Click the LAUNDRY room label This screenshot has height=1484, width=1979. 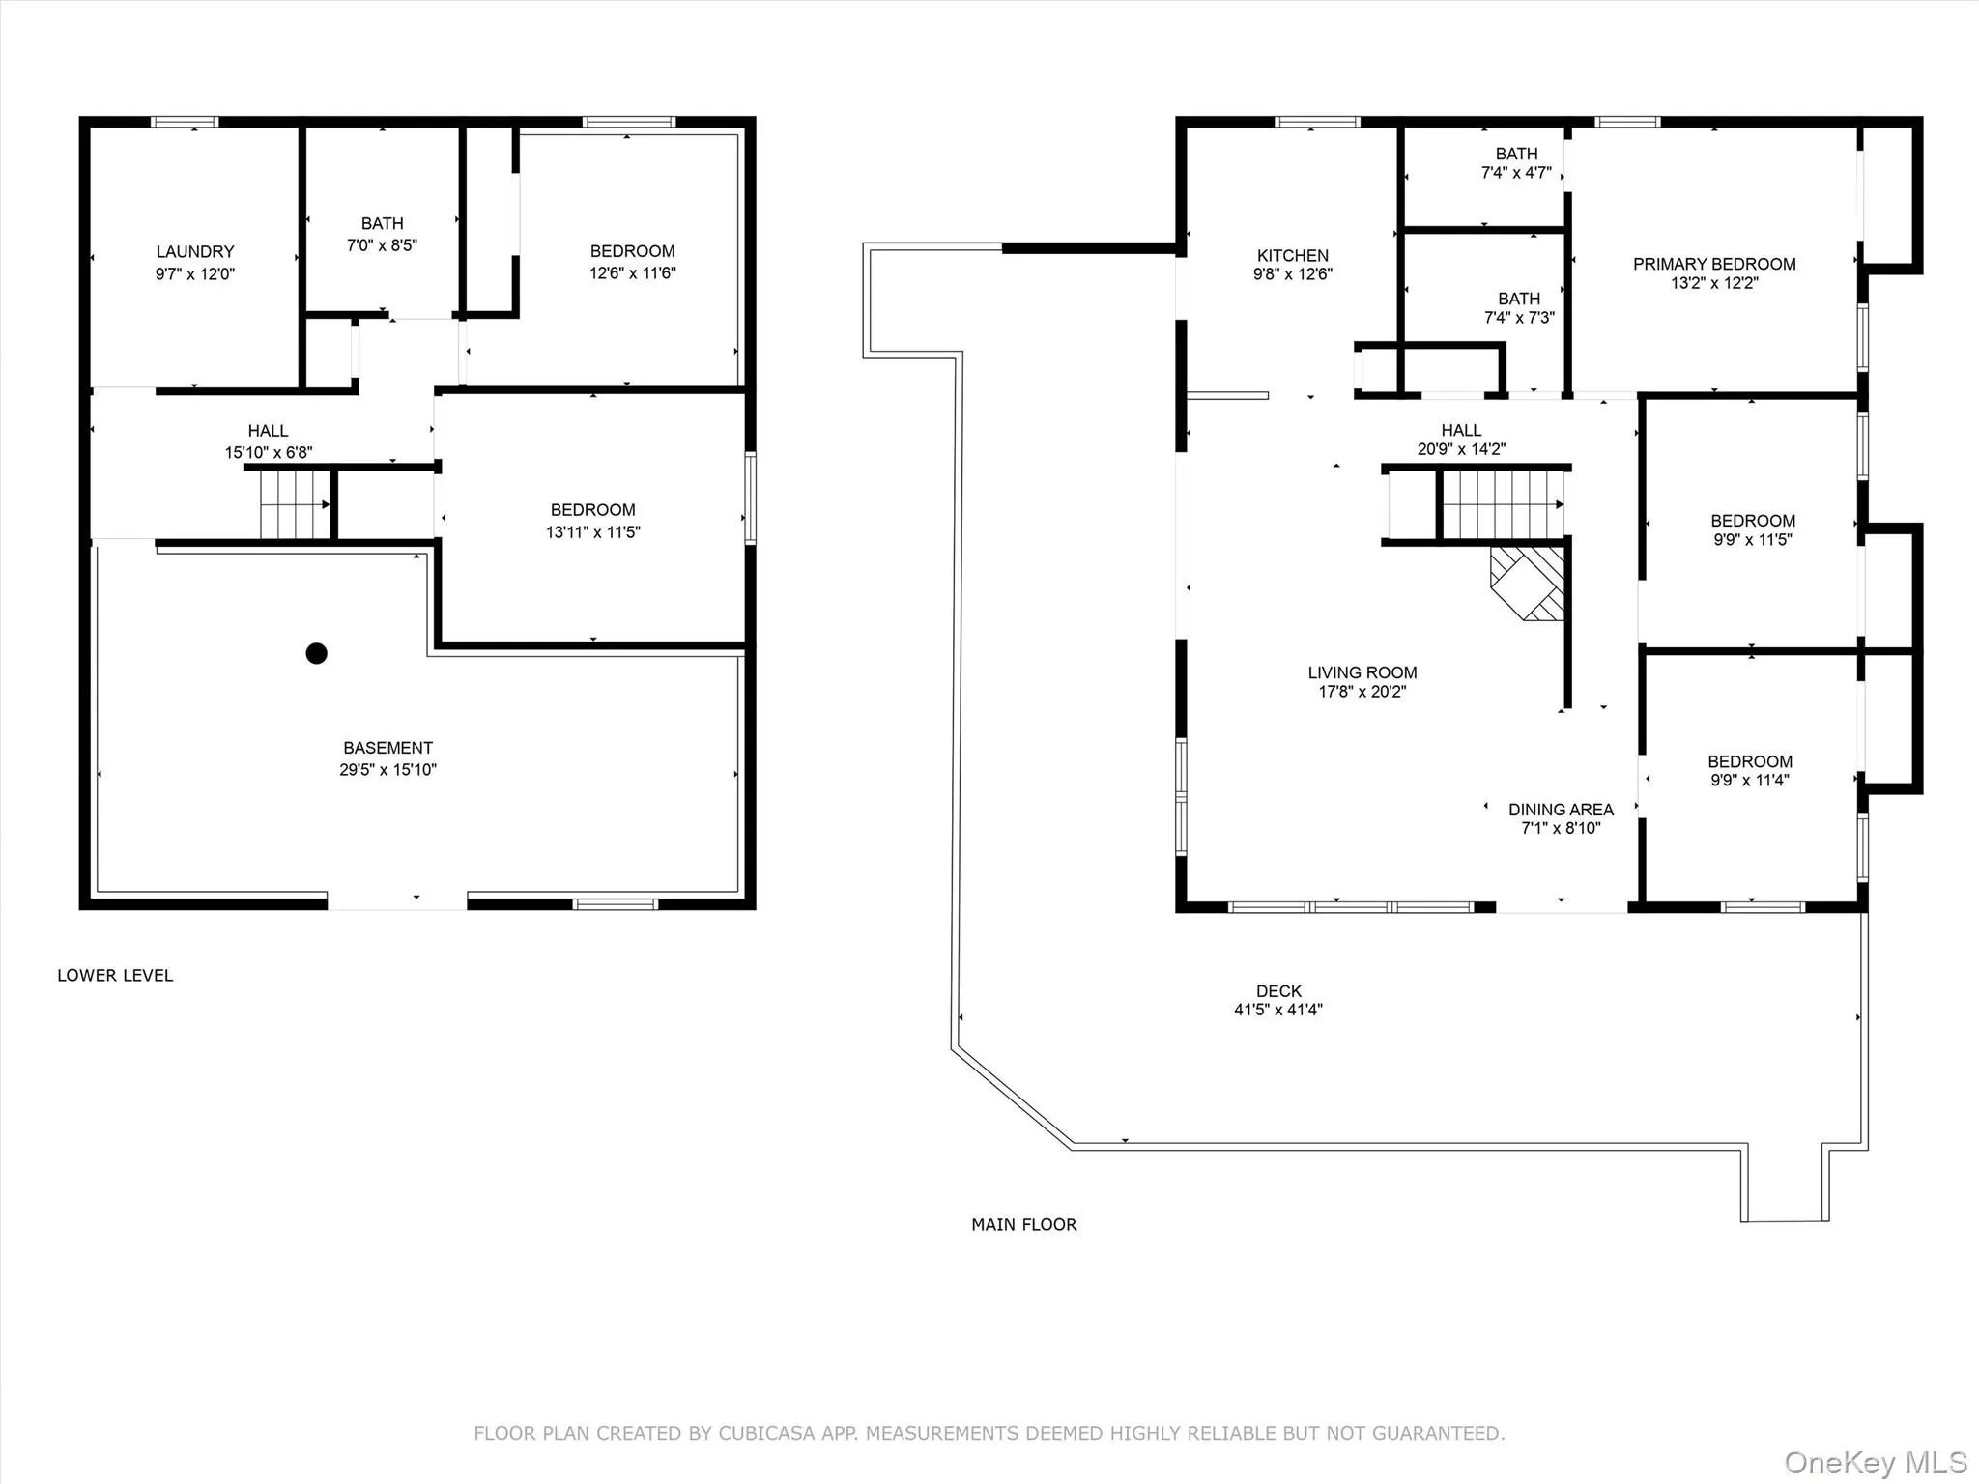195,251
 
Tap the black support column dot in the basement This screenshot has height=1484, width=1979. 316,653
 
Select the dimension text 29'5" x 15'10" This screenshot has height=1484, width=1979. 387,770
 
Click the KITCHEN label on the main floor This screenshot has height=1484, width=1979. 1292,255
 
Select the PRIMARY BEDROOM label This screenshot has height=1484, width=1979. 1713,264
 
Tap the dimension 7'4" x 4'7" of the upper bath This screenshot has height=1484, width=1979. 1515,173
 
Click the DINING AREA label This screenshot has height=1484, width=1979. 1561,810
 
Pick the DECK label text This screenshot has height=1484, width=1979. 1278,991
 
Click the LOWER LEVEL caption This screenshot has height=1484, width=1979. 115,975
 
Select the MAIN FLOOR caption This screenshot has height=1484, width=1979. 1023,1224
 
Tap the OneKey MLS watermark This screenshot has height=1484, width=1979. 1875,1462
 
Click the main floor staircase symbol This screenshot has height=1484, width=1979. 1502,504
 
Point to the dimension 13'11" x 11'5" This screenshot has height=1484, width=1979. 592,532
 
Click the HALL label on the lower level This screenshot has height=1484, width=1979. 268,431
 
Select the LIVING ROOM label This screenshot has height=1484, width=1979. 1362,672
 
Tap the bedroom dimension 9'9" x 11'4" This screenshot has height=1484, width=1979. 1749,781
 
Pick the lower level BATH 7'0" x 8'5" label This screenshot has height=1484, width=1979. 382,223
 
